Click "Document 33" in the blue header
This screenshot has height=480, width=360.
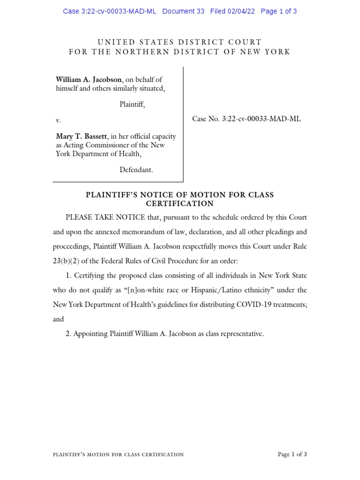click(x=183, y=11)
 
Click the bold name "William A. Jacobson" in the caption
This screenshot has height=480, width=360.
click(x=89, y=80)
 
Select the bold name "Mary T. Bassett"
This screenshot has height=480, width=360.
click(x=82, y=136)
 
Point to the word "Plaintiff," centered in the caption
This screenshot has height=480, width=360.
click(x=132, y=105)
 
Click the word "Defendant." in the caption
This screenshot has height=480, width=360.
click(x=136, y=170)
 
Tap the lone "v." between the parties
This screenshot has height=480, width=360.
click(x=59, y=120)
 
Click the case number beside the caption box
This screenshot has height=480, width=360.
click(x=246, y=119)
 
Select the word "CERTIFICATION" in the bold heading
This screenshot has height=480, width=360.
click(x=180, y=203)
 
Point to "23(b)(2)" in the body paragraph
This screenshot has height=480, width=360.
click(x=66, y=261)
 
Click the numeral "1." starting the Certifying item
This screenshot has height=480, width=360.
click(x=68, y=276)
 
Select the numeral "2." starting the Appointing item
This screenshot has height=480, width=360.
click(x=68, y=334)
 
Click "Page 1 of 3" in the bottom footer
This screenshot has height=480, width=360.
click(x=292, y=454)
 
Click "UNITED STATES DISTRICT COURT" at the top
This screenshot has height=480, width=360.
click(x=180, y=42)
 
